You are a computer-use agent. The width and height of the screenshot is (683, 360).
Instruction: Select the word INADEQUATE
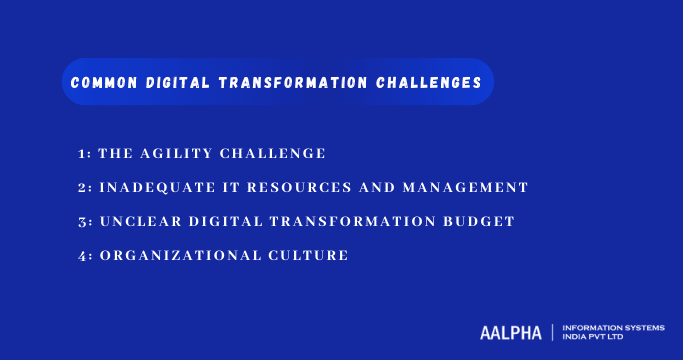156,188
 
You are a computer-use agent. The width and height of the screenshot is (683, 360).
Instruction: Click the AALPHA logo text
510,332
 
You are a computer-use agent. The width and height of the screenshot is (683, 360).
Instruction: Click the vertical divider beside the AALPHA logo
552,332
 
